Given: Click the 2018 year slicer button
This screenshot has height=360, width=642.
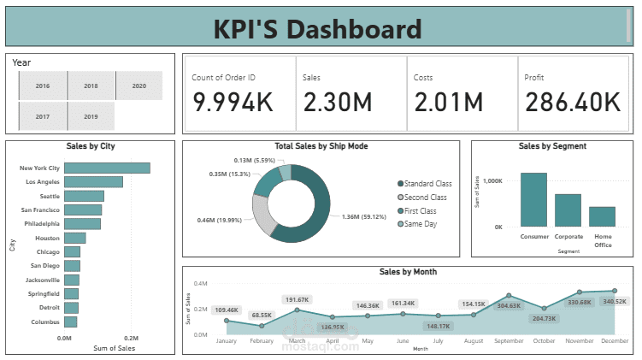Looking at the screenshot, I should pos(91,86).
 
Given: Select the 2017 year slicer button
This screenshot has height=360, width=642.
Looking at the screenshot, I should pos(42,115).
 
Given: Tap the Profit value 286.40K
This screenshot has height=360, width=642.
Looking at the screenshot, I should pos(572,102).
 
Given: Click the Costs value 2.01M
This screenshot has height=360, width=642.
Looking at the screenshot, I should pos(449,102).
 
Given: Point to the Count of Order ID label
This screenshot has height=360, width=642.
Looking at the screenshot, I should pos(224,78).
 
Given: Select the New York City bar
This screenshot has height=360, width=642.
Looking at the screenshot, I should pos(107,168).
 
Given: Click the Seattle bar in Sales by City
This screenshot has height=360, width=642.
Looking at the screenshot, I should pos(84,196).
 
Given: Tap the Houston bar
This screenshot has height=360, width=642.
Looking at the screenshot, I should pos(74,238).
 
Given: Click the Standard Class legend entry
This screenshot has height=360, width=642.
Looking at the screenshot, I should pos(427,184).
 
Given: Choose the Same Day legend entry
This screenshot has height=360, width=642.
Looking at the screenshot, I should pos(420,224).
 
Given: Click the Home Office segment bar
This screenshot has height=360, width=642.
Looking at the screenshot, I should pos(602,216).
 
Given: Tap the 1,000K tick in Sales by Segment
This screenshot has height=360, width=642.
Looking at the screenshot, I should pos(492,181).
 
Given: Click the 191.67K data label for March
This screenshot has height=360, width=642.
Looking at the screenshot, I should pos(297,299).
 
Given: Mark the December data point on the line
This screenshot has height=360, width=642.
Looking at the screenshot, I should pos(614,292).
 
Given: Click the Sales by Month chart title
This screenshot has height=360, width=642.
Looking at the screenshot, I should pos(408,272).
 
